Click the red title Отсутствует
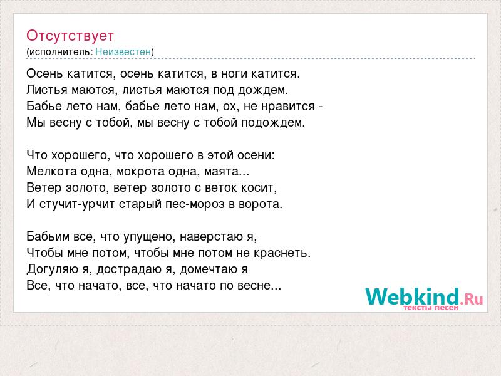(70, 36)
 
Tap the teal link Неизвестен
(123, 52)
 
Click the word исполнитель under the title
(61, 52)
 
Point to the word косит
(259, 188)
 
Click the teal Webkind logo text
(413, 296)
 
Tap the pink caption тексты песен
(431, 308)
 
